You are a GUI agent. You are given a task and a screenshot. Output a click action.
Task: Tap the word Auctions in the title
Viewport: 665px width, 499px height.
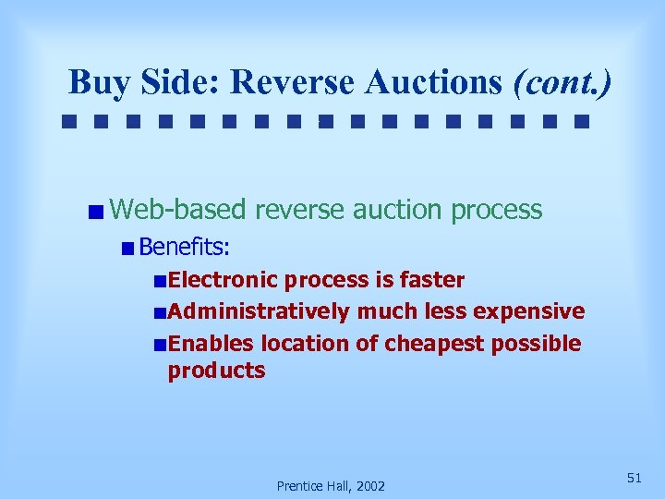pyautogui.click(x=435, y=82)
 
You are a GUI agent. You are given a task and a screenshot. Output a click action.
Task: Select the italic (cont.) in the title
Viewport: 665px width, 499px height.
pyautogui.click(x=561, y=82)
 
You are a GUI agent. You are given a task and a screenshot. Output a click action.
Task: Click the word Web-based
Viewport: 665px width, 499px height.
pyautogui.click(x=178, y=210)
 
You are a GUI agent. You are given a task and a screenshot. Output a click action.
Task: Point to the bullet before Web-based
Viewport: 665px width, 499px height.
pyautogui.click(x=96, y=212)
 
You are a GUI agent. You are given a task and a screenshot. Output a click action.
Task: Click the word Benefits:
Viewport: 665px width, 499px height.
pyautogui.click(x=185, y=247)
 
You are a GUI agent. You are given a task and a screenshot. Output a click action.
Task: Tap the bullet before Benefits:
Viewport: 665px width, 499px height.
pyautogui.click(x=127, y=248)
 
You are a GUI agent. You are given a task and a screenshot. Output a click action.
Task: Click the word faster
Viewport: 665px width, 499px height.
pyautogui.click(x=432, y=280)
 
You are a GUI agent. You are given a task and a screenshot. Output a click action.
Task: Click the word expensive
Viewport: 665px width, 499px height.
pyautogui.click(x=529, y=311)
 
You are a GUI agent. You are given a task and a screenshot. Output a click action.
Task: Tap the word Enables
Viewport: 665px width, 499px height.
pyautogui.click(x=212, y=344)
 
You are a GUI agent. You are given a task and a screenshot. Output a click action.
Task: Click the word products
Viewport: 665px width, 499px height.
pyautogui.click(x=216, y=371)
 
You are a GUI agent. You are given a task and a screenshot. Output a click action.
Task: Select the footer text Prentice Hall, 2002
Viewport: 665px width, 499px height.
pyautogui.click(x=331, y=486)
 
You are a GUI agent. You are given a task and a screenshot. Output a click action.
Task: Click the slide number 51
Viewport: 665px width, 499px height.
pyautogui.click(x=634, y=478)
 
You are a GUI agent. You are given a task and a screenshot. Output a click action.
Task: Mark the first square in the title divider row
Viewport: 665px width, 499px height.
pyautogui.click(x=69, y=121)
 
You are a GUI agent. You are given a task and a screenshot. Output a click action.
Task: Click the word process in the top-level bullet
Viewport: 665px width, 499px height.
pyautogui.click(x=497, y=210)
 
